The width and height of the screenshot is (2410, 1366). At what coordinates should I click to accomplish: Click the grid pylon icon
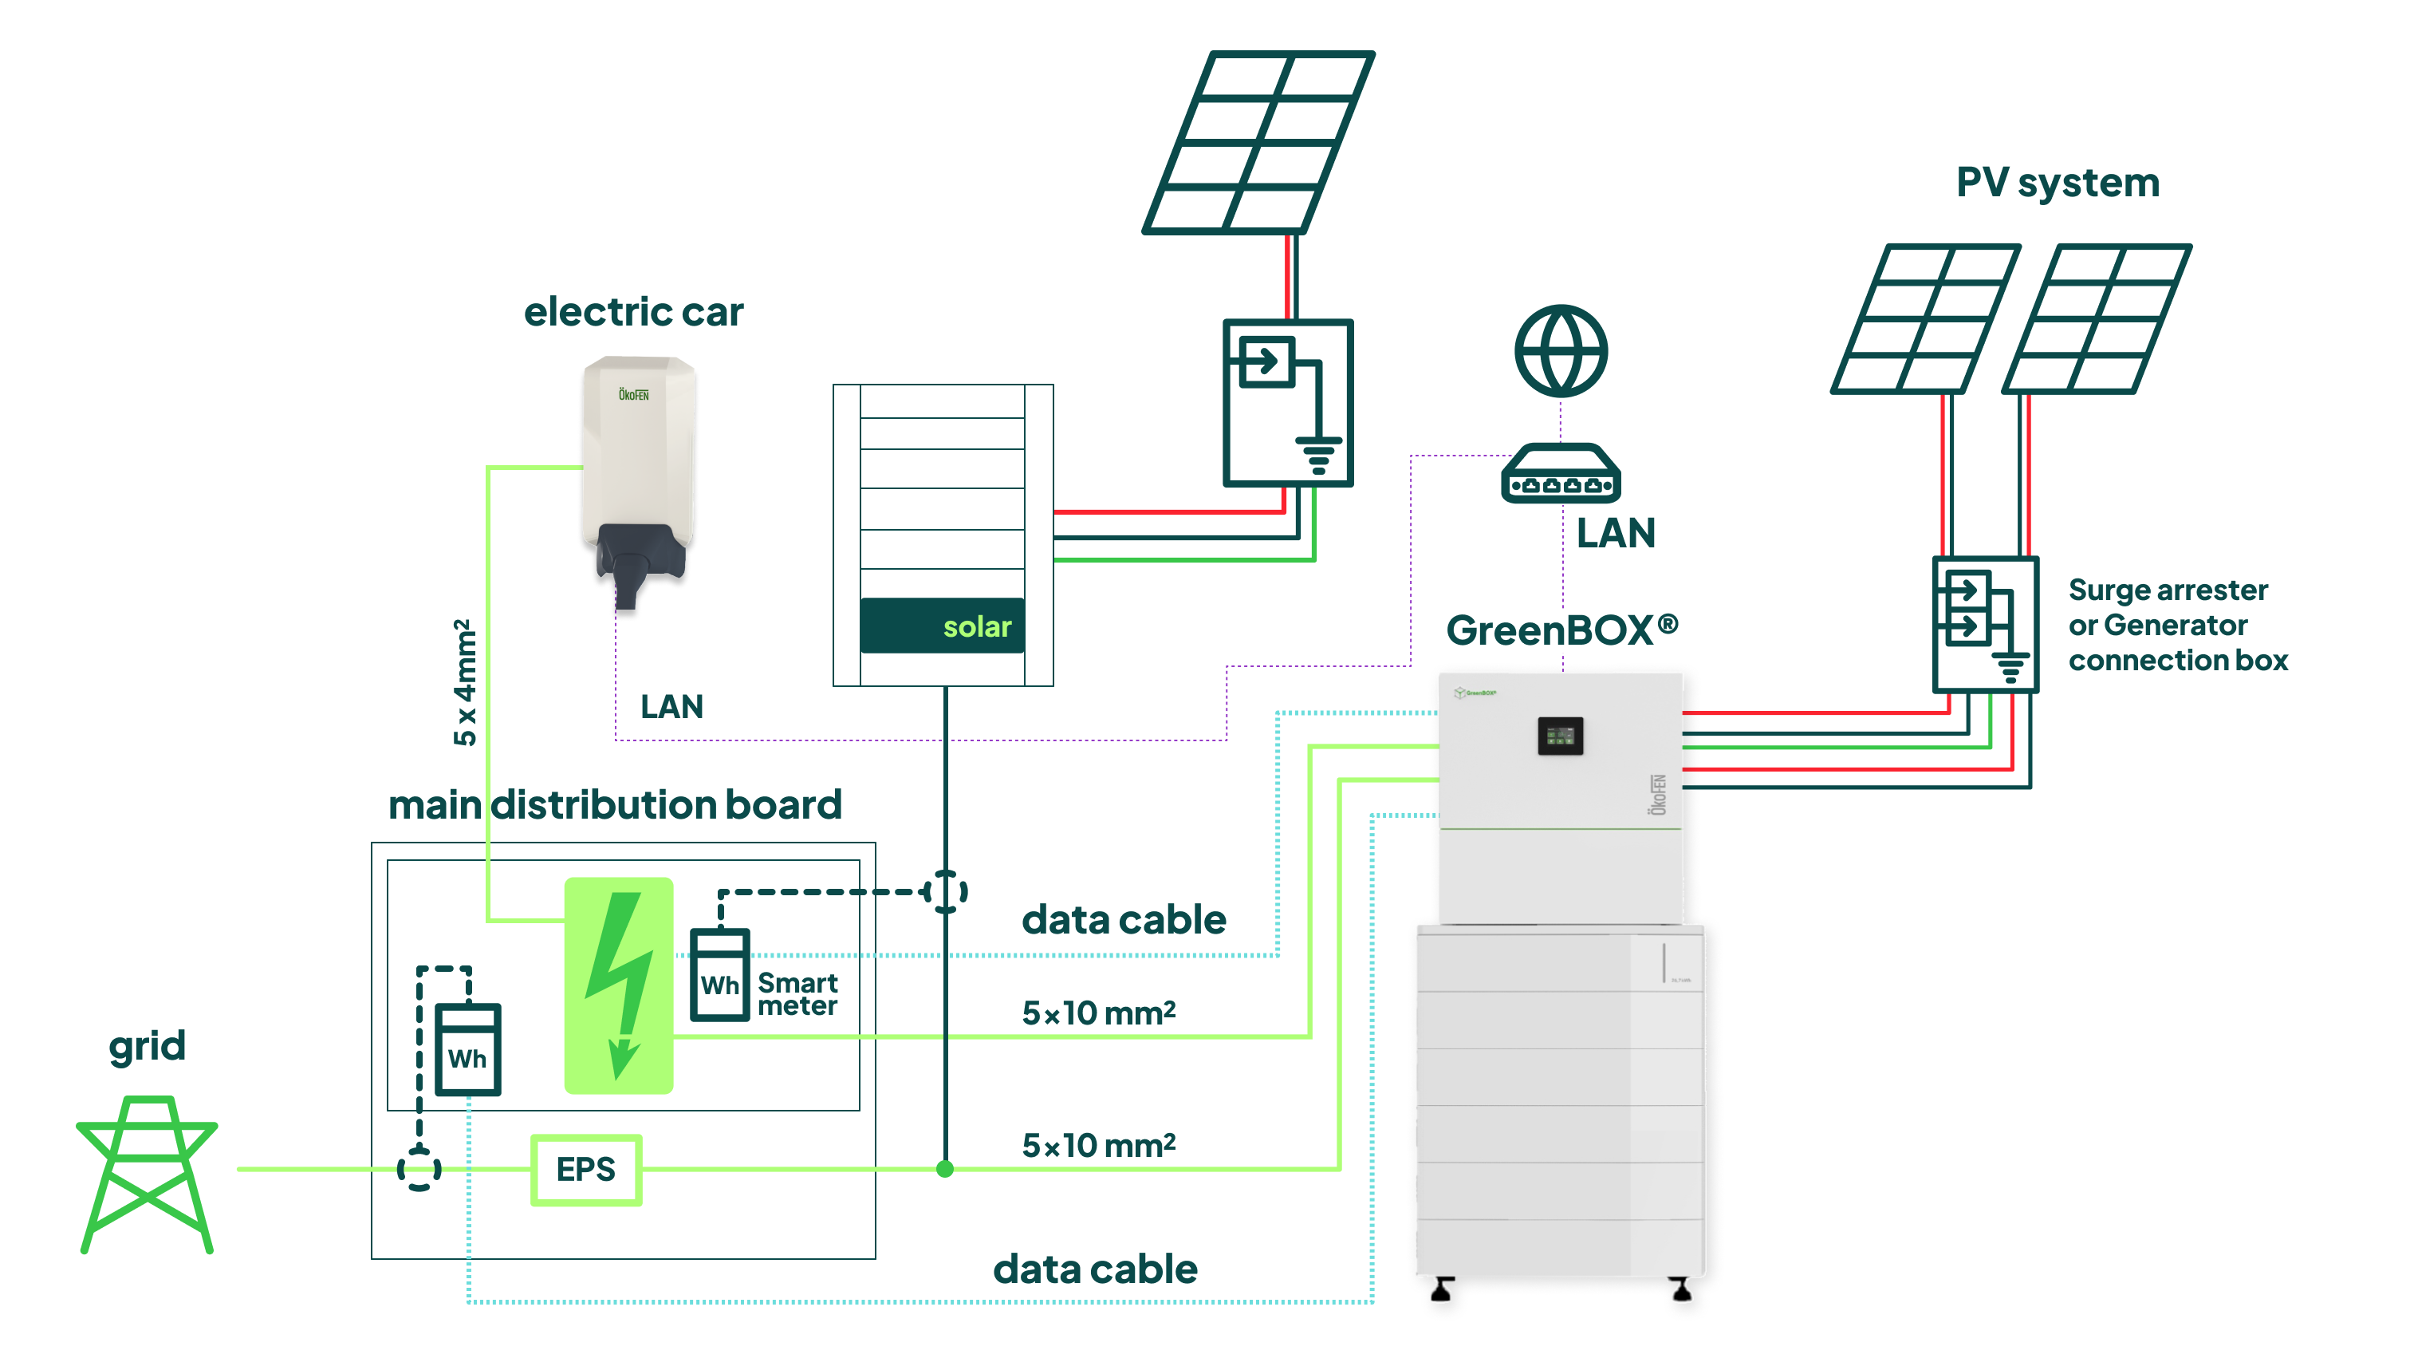pyautogui.click(x=148, y=1174)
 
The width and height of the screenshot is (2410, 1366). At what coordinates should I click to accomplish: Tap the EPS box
pyautogui.click(x=586, y=1170)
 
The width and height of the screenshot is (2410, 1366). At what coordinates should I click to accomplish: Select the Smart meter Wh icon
pyautogui.click(x=719, y=975)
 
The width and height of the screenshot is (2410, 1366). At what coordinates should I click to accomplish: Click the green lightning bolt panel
pyautogui.click(x=619, y=985)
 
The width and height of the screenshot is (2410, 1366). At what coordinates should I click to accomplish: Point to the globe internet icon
pyautogui.click(x=1561, y=351)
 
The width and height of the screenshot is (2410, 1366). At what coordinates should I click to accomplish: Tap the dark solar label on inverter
pyautogui.click(x=943, y=626)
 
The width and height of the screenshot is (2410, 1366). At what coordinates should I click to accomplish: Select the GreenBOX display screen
pyautogui.click(x=1561, y=736)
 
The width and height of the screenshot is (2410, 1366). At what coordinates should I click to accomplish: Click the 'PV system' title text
pyautogui.click(x=2058, y=182)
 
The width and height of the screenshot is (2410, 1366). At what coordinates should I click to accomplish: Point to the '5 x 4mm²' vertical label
pyautogui.click(x=465, y=682)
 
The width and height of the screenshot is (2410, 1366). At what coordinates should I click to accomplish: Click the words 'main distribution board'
pyautogui.click(x=615, y=805)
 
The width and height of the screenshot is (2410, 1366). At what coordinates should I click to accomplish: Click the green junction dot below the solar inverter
pyautogui.click(x=945, y=1169)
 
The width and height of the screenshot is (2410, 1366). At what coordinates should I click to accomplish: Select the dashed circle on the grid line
pyautogui.click(x=419, y=1170)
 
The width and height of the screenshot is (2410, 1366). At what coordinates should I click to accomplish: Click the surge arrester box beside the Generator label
pyautogui.click(x=1985, y=625)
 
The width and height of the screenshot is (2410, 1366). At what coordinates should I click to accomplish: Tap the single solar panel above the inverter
pyautogui.click(x=1258, y=142)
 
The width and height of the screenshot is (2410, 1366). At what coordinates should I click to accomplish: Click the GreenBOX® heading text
pyautogui.click(x=1562, y=630)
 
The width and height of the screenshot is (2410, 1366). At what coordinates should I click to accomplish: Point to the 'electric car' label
pyautogui.click(x=633, y=311)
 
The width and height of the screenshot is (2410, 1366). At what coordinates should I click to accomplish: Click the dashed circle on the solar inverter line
pyautogui.click(x=945, y=891)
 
